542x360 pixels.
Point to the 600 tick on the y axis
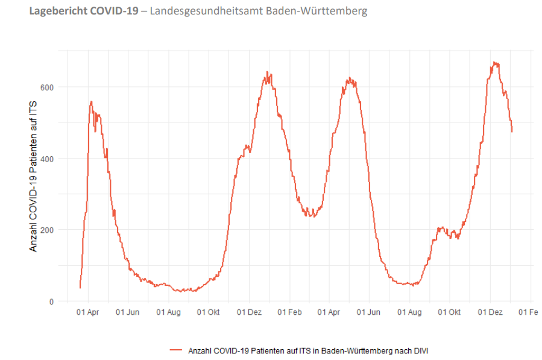pyautogui.click(x=47, y=87)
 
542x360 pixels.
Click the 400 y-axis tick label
pyautogui.click(x=47, y=159)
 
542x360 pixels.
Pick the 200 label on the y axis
pyautogui.click(x=47, y=230)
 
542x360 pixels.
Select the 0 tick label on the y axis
pyautogui.click(x=51, y=302)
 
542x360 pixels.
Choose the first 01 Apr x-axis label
pyautogui.click(x=88, y=312)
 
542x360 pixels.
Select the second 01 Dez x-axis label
pyautogui.click(x=490, y=312)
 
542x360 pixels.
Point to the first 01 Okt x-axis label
pyautogui.click(x=209, y=312)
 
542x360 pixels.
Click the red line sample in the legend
pyautogui.click(x=176, y=350)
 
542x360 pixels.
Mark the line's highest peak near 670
pyautogui.click(x=494, y=62)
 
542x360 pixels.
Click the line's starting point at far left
pyautogui.click(x=80, y=288)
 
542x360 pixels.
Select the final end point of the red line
pyautogui.click(x=512, y=131)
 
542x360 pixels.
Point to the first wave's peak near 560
pyautogui.click(x=91, y=101)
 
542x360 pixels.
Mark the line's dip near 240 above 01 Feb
pyautogui.click(x=311, y=215)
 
